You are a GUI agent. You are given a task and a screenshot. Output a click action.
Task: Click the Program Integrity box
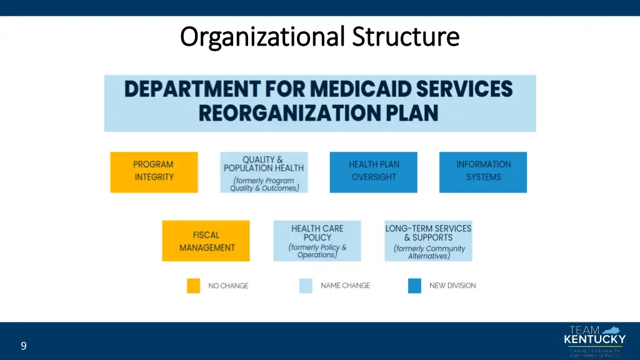154,172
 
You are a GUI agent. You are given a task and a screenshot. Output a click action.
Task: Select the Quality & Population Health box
264,172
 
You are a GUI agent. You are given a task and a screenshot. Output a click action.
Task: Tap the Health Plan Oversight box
374,172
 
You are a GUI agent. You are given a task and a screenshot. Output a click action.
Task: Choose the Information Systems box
483,172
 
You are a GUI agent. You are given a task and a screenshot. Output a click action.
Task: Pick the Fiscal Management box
206,241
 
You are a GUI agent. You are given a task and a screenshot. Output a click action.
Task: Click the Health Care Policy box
317,241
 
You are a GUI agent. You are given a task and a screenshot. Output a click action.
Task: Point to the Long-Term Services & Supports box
428,241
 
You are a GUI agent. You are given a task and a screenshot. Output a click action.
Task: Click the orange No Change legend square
194,286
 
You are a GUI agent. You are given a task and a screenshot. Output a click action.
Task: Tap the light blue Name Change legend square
306,286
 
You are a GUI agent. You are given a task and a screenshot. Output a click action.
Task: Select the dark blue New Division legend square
414,286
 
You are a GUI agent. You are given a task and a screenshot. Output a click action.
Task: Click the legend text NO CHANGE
228,286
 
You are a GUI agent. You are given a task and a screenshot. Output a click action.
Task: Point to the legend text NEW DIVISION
452,286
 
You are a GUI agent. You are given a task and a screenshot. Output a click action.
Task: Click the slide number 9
23,346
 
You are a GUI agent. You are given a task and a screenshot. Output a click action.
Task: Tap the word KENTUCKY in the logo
594,340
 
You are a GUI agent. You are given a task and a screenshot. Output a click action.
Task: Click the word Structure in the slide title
406,37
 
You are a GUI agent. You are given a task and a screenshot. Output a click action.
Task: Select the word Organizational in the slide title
262,37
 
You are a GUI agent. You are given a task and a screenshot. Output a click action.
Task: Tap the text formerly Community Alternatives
429,252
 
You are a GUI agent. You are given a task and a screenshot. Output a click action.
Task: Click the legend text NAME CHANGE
345,286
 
